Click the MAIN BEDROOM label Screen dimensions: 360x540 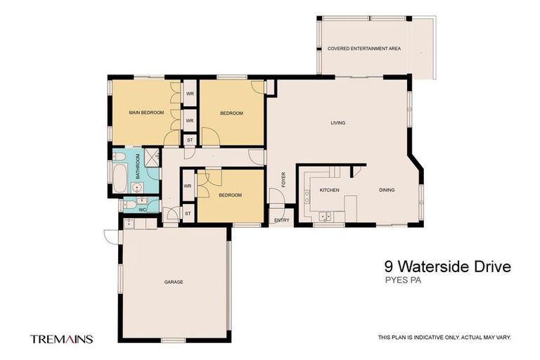tap(146, 112)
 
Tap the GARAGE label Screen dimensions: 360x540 tap(174, 282)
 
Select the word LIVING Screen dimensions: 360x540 tap(338, 123)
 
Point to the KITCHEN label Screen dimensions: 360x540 tap(330, 191)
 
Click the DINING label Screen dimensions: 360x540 tap(387, 191)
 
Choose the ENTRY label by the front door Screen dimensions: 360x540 tap(281, 220)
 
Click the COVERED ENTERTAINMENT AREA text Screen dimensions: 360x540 tap(364, 49)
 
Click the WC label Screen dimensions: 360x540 tap(142, 209)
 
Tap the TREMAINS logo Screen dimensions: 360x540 tap(61, 338)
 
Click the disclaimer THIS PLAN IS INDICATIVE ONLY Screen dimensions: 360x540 tap(444, 337)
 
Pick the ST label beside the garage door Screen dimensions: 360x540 tap(188, 213)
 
